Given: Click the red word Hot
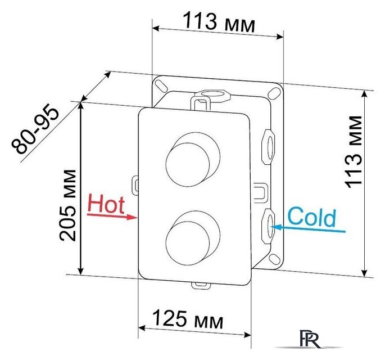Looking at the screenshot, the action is (x=106, y=203).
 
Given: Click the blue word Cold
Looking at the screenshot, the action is (x=311, y=217).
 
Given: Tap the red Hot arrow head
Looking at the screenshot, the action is (x=132, y=217).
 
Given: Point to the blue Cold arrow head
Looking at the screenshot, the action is (x=276, y=227).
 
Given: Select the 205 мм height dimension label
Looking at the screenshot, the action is (x=67, y=205).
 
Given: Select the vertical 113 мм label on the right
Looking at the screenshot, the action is (x=353, y=152).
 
